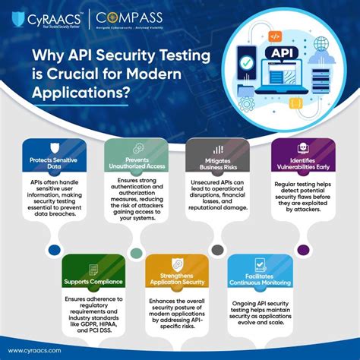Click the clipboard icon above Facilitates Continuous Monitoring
[260, 264]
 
